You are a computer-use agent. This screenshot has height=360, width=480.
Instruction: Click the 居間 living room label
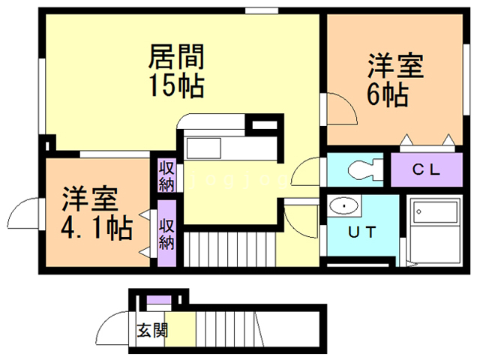coord(176,57)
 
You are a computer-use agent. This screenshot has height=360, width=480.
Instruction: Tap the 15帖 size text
coord(177,85)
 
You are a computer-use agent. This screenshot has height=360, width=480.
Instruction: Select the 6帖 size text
coord(388,94)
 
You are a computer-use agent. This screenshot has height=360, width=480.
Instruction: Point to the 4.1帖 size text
coord(97,228)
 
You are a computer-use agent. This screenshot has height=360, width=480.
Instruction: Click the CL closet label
coord(426,169)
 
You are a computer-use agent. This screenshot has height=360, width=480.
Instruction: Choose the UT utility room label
coord(362,232)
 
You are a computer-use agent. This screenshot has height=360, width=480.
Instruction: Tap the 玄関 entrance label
coord(152,331)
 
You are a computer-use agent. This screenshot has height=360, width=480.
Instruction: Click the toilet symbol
coord(365,169)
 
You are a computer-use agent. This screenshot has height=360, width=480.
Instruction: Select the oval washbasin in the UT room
coord(344,205)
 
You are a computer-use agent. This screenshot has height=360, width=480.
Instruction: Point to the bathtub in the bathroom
coord(435,212)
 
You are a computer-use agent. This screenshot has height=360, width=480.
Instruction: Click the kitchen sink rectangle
coord(204,148)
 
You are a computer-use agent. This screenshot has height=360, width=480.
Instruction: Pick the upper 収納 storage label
coord(166,177)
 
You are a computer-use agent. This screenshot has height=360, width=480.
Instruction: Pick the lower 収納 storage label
coord(166,234)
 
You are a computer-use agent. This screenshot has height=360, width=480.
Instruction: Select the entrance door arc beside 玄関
coord(104,322)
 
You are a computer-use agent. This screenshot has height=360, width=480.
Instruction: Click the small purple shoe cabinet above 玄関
coord(158,299)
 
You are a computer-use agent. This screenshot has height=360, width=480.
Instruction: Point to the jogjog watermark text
coord(238,181)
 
